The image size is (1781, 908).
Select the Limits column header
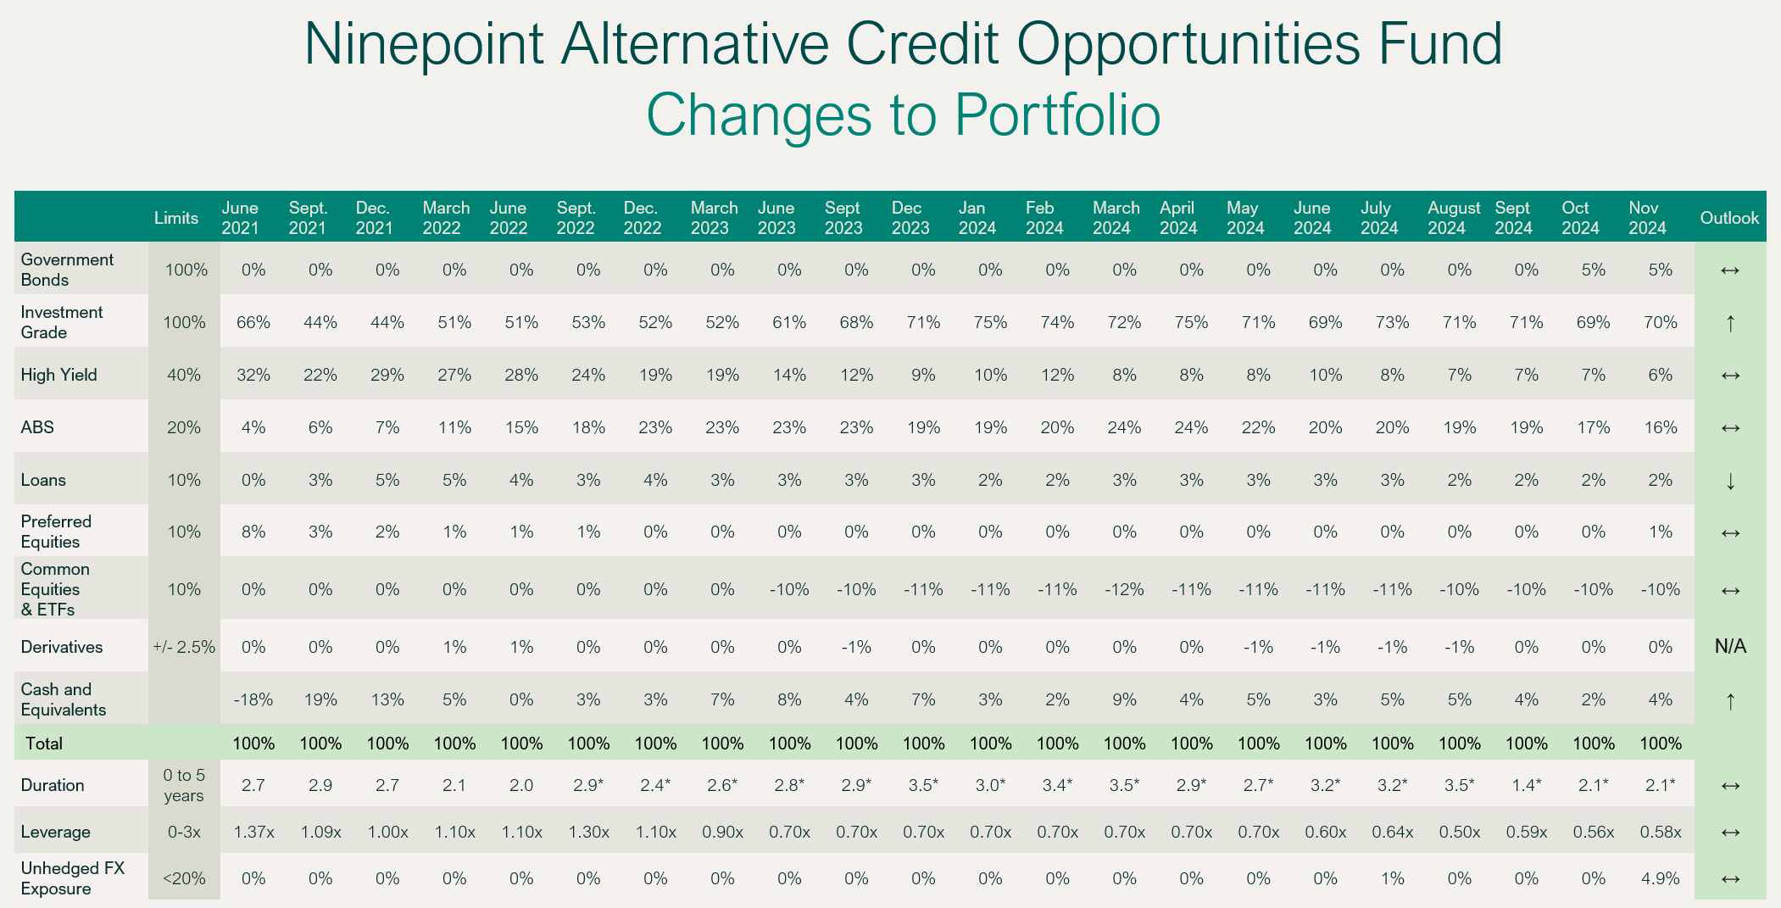[x=176, y=218]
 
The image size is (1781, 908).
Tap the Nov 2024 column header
[x=1647, y=218]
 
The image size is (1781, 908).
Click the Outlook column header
[x=1729, y=218]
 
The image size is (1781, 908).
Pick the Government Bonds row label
[x=67, y=270]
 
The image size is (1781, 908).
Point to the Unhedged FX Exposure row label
[x=72, y=878]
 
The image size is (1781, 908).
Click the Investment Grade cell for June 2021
[x=253, y=322]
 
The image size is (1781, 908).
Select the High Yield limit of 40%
[x=184, y=375]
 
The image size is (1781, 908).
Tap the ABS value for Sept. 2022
[x=588, y=427]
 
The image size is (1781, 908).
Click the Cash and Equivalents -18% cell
[x=253, y=699]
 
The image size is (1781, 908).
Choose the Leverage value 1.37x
[x=253, y=832]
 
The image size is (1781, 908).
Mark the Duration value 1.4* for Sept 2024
[x=1526, y=785]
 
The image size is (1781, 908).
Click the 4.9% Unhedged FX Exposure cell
[x=1660, y=878]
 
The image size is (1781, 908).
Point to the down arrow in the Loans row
[x=1730, y=481]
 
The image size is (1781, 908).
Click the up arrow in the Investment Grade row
[x=1730, y=323]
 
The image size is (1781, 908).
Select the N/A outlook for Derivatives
[x=1730, y=647]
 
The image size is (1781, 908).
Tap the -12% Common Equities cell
[x=1124, y=589]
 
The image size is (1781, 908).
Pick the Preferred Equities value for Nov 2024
[x=1660, y=532]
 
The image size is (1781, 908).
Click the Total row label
[x=44, y=744]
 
